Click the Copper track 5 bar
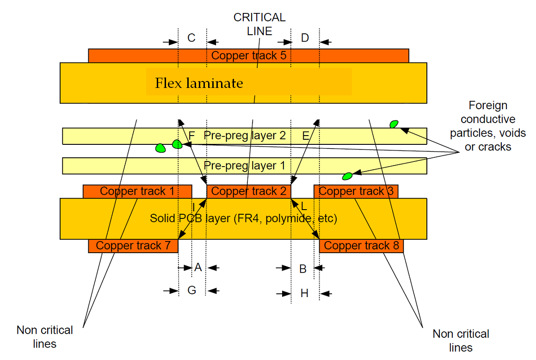(x=249, y=56)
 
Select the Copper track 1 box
(x=137, y=191)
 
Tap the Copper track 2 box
(x=249, y=191)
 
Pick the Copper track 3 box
(x=356, y=191)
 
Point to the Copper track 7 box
(x=133, y=246)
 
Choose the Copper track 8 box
(x=361, y=246)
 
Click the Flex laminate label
(x=199, y=83)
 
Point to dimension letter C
(x=191, y=38)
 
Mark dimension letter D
(x=305, y=38)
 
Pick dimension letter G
(x=191, y=290)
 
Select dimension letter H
(x=304, y=293)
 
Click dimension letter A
(x=198, y=267)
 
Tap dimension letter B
(x=303, y=269)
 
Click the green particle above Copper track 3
(x=347, y=176)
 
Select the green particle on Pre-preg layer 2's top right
(x=394, y=124)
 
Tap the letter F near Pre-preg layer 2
(x=192, y=136)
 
